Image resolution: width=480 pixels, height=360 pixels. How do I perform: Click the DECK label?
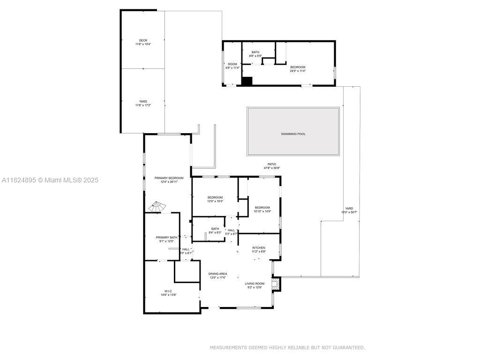(x=143, y=40)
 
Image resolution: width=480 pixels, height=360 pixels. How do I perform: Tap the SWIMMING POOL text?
(x=293, y=134)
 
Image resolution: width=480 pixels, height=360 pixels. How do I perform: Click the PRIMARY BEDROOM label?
(x=169, y=178)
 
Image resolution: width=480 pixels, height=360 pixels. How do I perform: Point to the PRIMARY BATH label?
(x=166, y=238)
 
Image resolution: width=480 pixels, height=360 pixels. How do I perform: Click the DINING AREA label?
(x=217, y=274)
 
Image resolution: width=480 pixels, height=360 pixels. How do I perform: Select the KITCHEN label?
(x=259, y=247)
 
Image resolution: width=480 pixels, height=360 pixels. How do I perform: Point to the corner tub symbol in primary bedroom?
(x=156, y=207)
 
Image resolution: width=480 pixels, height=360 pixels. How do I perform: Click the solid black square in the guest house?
(x=247, y=81)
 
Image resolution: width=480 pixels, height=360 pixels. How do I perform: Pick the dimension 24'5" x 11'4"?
(x=298, y=71)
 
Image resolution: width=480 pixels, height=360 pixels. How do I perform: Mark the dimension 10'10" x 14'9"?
(x=262, y=211)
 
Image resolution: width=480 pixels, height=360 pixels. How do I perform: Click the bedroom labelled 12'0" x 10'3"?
(x=215, y=197)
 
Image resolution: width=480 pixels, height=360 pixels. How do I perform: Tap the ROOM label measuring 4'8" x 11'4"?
(x=232, y=64)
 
